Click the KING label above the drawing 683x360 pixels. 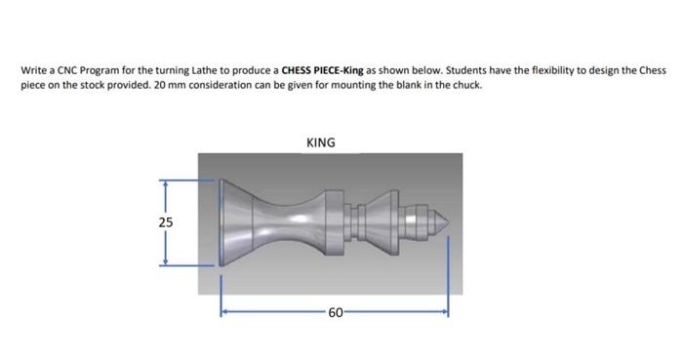(x=320, y=142)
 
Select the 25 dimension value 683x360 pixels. (x=165, y=222)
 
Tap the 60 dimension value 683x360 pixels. (x=334, y=312)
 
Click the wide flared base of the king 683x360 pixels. (x=228, y=222)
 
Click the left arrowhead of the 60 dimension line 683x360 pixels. (x=223, y=312)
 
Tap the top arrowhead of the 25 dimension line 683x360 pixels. (x=165, y=182)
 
